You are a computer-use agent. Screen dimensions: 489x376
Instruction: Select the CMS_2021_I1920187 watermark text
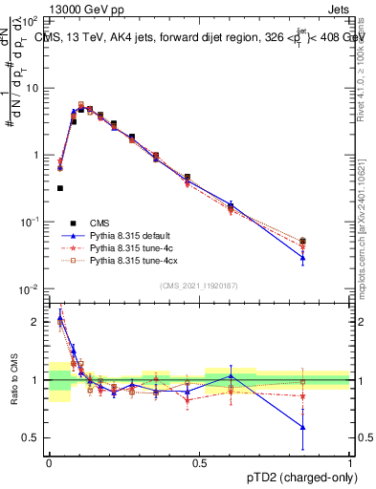[199, 286]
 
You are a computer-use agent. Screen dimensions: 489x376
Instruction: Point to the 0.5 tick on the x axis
[200, 461]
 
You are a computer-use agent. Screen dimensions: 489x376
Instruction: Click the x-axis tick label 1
[350, 461]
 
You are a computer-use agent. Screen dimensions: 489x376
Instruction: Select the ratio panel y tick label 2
[36, 322]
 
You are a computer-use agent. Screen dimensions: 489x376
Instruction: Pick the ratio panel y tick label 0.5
[33, 437]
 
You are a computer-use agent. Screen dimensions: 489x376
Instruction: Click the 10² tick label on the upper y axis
[32, 20]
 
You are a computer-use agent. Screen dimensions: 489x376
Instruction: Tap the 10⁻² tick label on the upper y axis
[32, 289]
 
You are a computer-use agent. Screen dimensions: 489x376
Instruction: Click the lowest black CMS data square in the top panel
[60, 188]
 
